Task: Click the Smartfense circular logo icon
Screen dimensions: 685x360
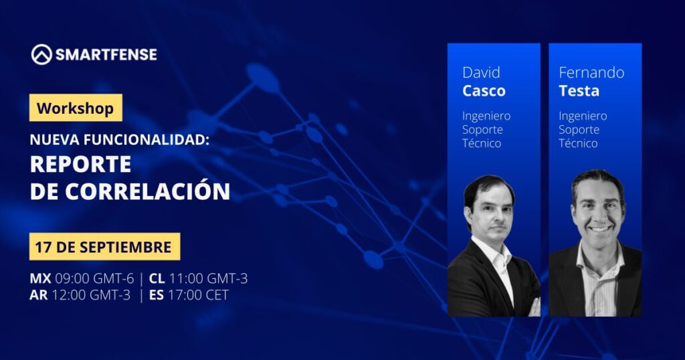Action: click(41, 55)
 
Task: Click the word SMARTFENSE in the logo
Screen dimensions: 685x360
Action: click(106, 55)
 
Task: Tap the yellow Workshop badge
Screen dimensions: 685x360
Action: click(76, 108)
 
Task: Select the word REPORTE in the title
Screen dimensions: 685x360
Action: click(81, 164)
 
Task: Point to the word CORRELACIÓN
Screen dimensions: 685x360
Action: click(148, 191)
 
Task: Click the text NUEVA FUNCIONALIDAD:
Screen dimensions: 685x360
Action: click(120, 140)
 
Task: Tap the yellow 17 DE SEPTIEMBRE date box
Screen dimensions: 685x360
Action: click(104, 246)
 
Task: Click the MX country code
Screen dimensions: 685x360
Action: click(40, 278)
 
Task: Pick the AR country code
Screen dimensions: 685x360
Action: click(38, 295)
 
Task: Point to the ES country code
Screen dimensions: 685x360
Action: click(157, 295)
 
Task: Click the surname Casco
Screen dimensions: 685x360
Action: click(484, 91)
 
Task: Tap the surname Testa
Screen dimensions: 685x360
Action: click(579, 91)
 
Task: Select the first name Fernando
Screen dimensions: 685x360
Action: click(591, 72)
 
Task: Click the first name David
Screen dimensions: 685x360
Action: click(481, 72)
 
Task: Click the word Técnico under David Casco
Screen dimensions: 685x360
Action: click(482, 143)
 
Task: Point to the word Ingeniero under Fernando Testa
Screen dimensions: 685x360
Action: click(583, 116)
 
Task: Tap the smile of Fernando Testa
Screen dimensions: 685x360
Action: click(600, 229)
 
